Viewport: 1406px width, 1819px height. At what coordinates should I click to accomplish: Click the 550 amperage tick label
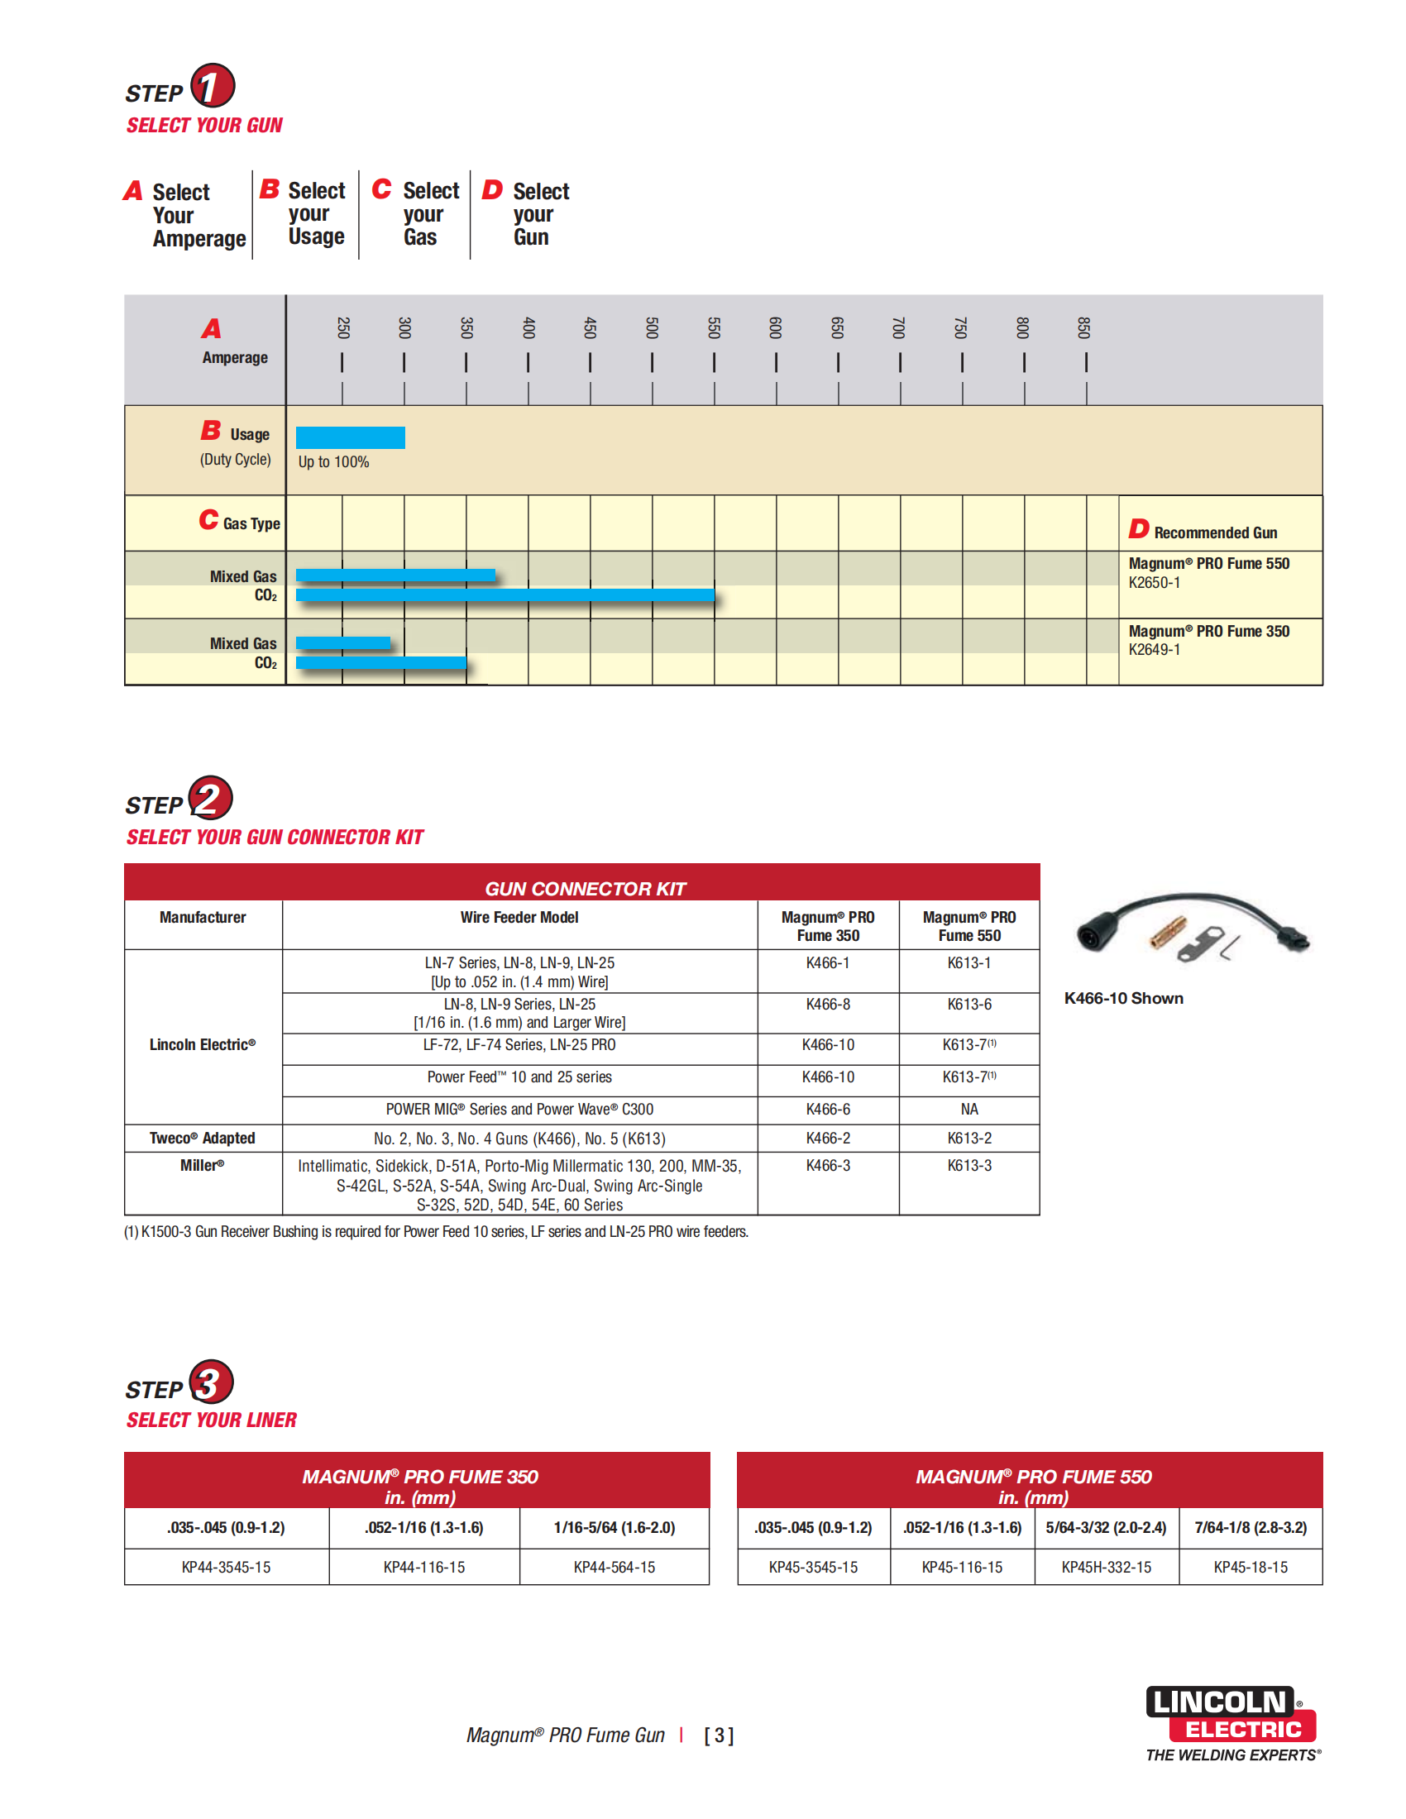714,327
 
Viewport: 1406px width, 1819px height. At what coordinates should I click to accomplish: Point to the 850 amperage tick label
1084,327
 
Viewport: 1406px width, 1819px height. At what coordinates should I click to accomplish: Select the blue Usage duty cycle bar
350,437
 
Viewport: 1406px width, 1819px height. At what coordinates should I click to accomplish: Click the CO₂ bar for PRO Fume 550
505,594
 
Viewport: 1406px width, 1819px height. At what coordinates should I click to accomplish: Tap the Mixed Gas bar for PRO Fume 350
342,642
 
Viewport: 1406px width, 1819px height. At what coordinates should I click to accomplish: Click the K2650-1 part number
1154,583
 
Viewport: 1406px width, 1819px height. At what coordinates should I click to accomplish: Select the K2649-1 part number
1154,650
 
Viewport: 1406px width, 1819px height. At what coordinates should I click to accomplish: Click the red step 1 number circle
213,86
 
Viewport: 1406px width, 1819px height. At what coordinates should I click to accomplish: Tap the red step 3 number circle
211,1382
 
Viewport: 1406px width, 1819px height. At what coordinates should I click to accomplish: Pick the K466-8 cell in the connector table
828,1005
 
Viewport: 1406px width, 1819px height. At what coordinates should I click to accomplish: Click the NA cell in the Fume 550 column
968,1110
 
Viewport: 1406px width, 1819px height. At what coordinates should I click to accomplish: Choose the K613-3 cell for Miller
968,1166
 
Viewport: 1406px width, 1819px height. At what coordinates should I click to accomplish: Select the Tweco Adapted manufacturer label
203,1139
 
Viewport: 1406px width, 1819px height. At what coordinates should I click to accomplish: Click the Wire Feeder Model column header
519,918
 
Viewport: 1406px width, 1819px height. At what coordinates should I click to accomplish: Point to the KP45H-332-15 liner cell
1106,1568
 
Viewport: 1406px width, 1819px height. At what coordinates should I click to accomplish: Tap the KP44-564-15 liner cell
614,1568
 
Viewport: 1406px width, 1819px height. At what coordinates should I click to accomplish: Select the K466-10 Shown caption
1124,998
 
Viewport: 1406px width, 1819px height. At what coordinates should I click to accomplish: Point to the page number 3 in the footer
719,1735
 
